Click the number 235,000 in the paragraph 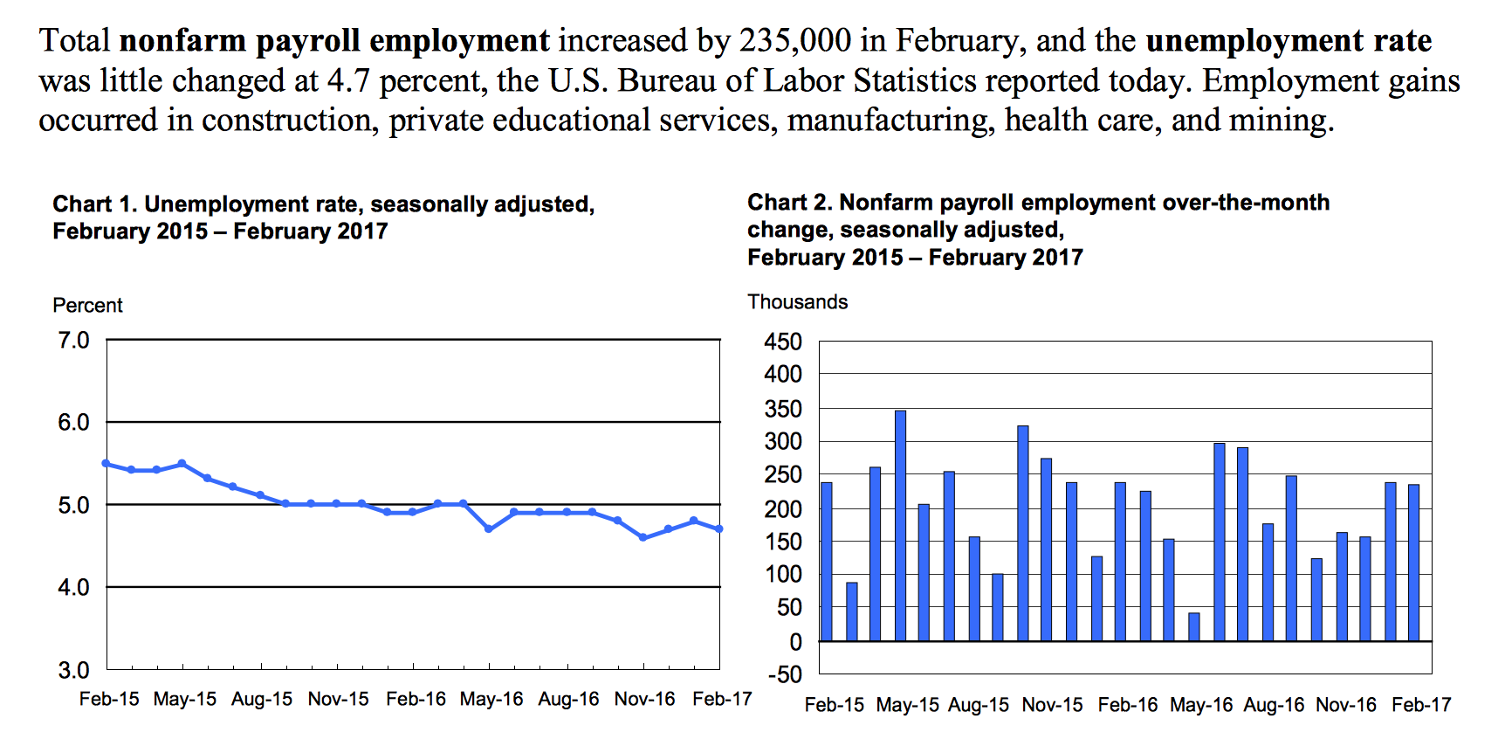pyautogui.click(x=795, y=41)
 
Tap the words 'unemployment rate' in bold pyautogui.click(x=1289, y=41)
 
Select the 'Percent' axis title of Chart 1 pyautogui.click(x=87, y=305)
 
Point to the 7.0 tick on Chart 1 pyautogui.click(x=74, y=340)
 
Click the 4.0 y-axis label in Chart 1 pyautogui.click(x=74, y=587)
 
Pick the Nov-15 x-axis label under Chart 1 pyautogui.click(x=338, y=699)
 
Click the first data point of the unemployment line pyautogui.click(x=107, y=463)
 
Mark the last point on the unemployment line pyautogui.click(x=719, y=528)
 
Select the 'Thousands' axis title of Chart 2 pyautogui.click(x=798, y=301)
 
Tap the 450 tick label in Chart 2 pyautogui.click(x=783, y=342)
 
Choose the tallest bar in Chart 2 pyautogui.click(x=900, y=526)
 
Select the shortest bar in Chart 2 pyautogui.click(x=1194, y=627)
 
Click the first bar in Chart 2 pyautogui.click(x=827, y=562)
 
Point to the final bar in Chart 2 pyautogui.click(x=1414, y=563)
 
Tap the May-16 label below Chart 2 pyautogui.click(x=1201, y=705)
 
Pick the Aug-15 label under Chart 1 pyautogui.click(x=262, y=699)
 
